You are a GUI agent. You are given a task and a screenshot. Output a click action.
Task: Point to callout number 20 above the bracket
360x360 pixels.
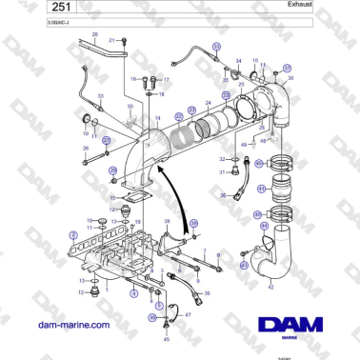point(94,34)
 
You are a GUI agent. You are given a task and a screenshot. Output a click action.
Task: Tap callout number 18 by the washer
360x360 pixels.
point(161,94)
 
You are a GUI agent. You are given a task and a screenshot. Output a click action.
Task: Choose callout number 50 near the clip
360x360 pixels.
point(130,107)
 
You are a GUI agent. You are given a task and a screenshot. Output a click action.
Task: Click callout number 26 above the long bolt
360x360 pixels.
point(86,149)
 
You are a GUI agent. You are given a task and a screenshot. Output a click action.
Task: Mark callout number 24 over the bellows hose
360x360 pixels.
point(209,100)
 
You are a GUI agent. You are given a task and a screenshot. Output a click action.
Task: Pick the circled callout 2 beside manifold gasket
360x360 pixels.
point(73,233)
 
